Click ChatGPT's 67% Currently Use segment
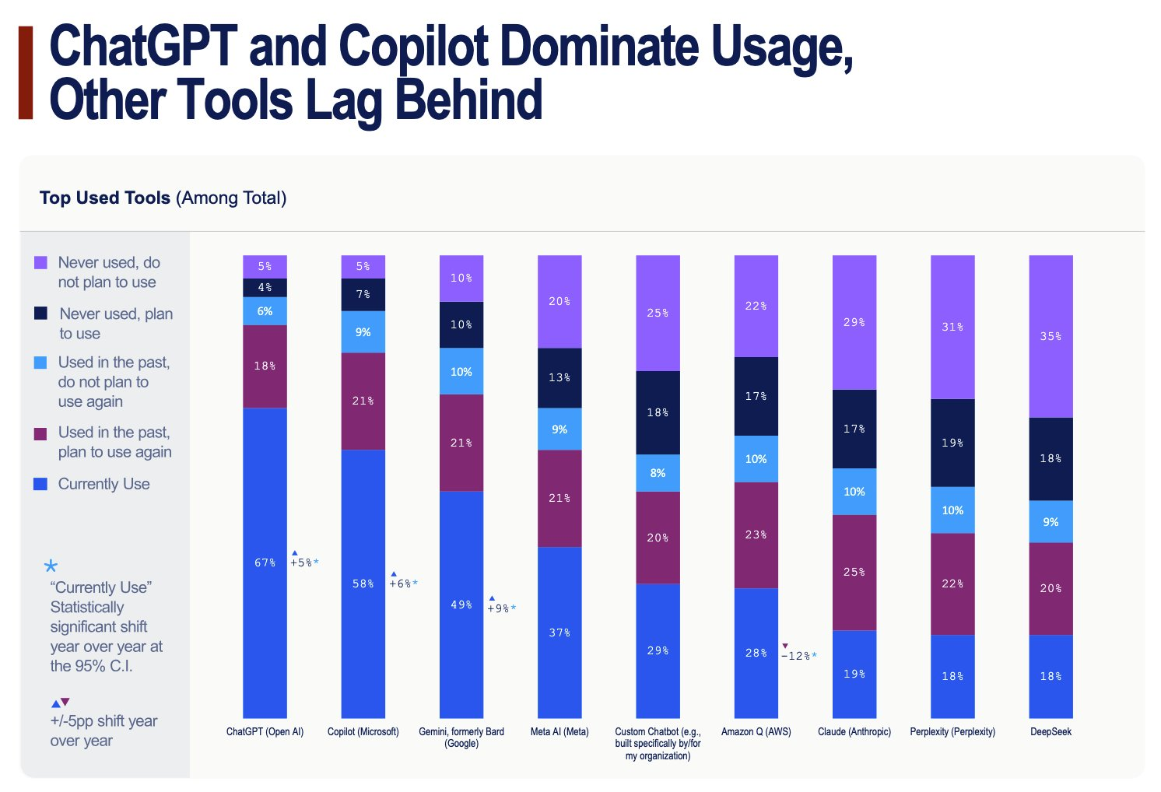coord(265,562)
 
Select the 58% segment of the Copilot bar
coord(363,583)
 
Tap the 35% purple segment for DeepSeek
coord(1051,336)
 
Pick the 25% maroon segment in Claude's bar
coord(854,572)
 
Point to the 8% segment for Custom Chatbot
coord(658,473)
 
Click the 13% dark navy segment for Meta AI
coord(559,377)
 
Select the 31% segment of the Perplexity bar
coord(952,327)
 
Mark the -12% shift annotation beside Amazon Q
coord(798,656)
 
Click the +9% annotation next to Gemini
coord(501,608)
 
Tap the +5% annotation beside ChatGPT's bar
coord(304,562)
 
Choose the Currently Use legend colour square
coord(40,484)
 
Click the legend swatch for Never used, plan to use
coord(40,313)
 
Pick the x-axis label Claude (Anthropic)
coord(854,732)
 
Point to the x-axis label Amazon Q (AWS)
coord(756,732)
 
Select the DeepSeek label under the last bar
coord(1051,732)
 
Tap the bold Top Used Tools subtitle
coord(105,198)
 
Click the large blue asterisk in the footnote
coord(51,566)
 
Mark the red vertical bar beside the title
coord(26,72)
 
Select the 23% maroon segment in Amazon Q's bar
coord(756,534)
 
